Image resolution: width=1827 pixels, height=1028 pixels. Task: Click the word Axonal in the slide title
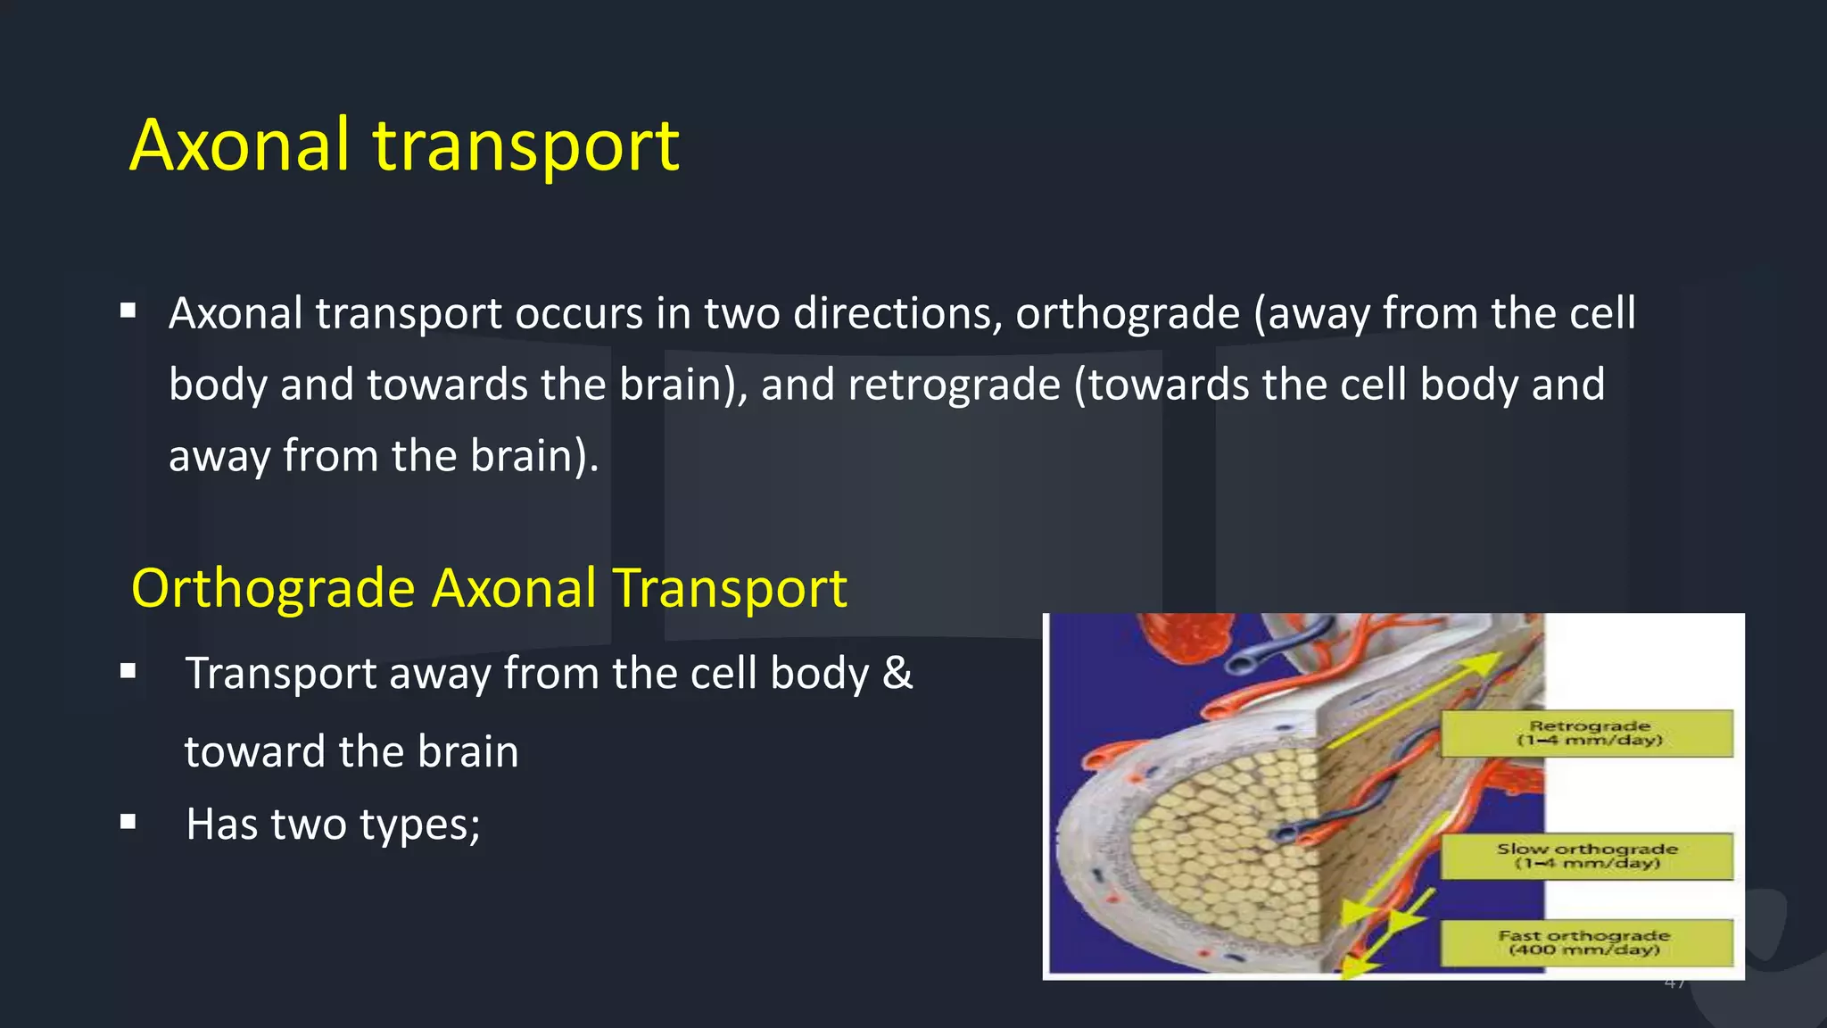pyautogui.click(x=239, y=145)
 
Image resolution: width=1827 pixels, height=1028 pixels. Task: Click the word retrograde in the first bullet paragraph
pyautogui.click(x=954, y=385)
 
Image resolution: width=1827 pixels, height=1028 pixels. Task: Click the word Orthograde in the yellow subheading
pyautogui.click(x=273, y=589)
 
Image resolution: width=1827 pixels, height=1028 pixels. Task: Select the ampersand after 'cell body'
pyautogui.click(x=897, y=673)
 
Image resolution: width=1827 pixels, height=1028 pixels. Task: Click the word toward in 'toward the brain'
pyautogui.click(x=254, y=751)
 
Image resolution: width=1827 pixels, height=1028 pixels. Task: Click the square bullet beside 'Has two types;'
pyautogui.click(x=128, y=821)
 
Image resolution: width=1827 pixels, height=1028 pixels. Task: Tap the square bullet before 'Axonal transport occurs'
pyautogui.click(x=128, y=311)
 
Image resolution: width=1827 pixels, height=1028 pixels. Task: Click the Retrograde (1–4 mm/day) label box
pyautogui.click(x=1587, y=734)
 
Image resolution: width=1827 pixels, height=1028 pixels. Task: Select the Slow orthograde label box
pyautogui.click(x=1587, y=856)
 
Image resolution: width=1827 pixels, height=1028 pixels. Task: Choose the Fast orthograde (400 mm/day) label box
pyautogui.click(x=1586, y=942)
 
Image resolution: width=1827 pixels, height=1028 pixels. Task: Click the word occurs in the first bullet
pyautogui.click(x=578, y=314)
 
